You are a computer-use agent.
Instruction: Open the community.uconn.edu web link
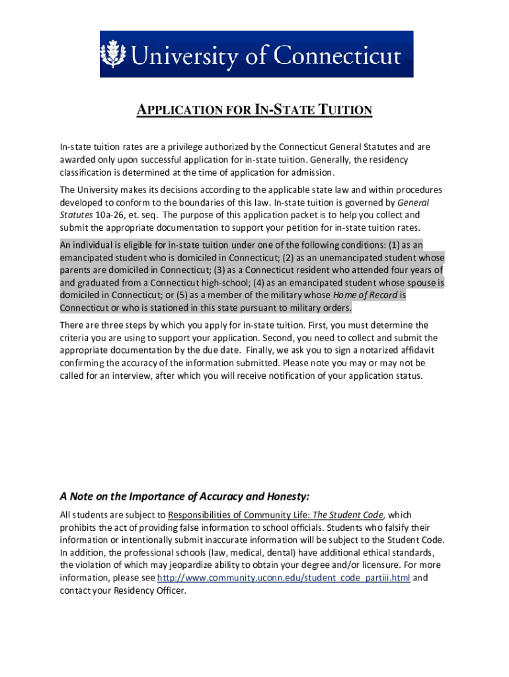coord(284,578)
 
